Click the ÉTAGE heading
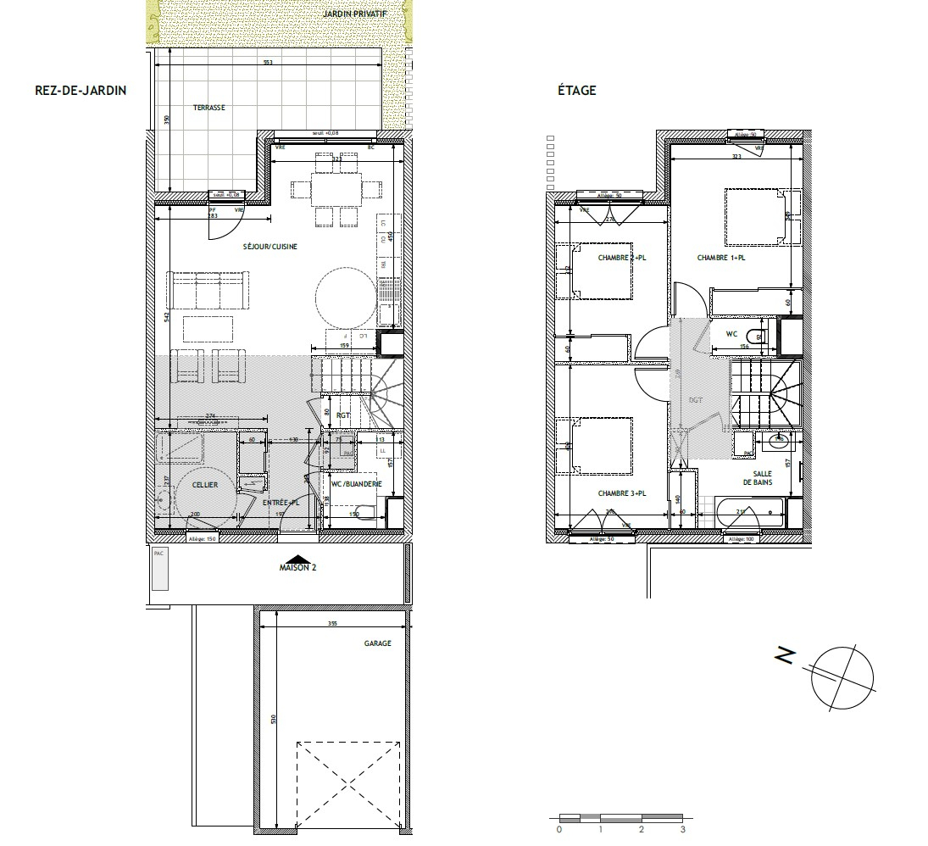578,91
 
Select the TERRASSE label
208,108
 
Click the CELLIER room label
205,485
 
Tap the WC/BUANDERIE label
357,484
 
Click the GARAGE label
378,643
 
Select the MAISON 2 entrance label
297,568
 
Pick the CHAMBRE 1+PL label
720,258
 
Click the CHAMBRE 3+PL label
622,493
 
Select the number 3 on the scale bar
682,830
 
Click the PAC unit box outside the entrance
159,569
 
